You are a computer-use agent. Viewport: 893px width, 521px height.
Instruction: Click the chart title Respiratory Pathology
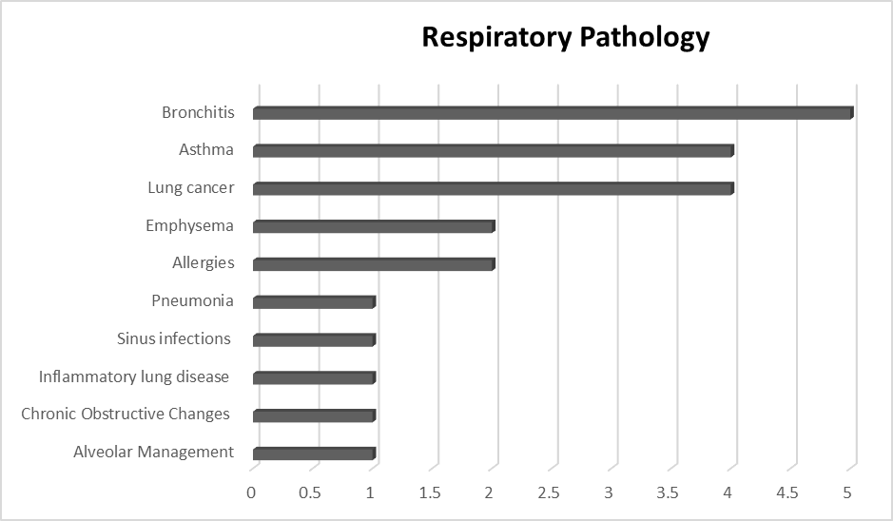tap(565, 37)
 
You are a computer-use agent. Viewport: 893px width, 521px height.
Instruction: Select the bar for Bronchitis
tap(552, 113)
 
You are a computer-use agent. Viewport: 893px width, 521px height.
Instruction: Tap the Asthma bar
tap(493, 151)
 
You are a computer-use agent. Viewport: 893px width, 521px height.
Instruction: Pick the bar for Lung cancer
tap(493, 188)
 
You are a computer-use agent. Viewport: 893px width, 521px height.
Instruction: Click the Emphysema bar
tap(373, 226)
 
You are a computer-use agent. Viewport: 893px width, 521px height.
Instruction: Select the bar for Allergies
tap(373, 264)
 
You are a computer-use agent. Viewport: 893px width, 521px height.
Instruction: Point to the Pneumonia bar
tap(314, 302)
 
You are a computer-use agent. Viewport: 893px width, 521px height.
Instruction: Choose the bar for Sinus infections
tap(314, 340)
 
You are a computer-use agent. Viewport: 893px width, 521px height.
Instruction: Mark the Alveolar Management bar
tap(314, 453)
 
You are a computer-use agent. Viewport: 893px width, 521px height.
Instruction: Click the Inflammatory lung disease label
tap(134, 377)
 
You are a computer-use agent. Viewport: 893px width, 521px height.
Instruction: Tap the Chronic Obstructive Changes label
tap(126, 415)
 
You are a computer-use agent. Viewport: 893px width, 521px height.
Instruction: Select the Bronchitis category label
tap(198, 113)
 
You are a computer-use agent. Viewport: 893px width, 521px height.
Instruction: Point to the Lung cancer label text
tap(190, 188)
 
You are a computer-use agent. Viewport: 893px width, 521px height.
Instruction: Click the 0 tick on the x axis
tap(252, 492)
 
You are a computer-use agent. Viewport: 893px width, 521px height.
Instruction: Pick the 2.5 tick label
tap(549, 492)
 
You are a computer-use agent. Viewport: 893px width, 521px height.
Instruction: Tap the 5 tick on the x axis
tap(847, 492)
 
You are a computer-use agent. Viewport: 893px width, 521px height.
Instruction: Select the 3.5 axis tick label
tap(669, 492)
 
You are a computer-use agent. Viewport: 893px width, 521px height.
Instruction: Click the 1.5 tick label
tap(430, 492)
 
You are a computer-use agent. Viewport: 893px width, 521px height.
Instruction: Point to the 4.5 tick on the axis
tap(787, 492)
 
